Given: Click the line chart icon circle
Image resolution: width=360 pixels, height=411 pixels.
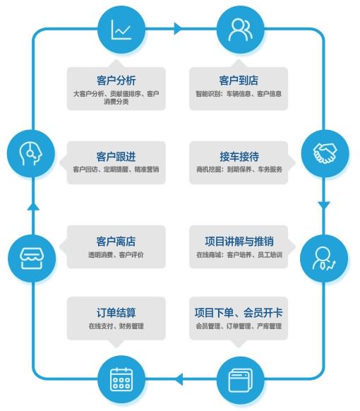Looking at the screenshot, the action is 121,30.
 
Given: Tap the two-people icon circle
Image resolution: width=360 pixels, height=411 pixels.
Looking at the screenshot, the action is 241,30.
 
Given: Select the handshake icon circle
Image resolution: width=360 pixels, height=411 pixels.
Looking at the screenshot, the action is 325,153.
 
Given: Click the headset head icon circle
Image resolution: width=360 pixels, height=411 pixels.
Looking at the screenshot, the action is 31,153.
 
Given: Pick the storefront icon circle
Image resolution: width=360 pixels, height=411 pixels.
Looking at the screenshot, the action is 32,258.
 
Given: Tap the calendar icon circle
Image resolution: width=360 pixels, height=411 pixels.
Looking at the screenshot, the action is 121,379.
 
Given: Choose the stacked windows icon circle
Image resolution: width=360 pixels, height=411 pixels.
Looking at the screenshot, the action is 241,379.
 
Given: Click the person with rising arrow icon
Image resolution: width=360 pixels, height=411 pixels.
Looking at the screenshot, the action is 324,258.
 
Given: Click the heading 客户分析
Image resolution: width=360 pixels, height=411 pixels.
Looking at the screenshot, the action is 116,81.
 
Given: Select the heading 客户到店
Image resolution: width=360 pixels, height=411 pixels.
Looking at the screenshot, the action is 239,81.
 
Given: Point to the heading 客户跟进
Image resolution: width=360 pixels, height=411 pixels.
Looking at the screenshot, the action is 116,157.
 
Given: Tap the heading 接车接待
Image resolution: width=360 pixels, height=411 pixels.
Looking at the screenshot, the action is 239,157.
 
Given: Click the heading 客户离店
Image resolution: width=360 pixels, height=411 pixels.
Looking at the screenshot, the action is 116,241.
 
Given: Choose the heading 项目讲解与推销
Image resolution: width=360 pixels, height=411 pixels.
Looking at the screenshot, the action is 239,241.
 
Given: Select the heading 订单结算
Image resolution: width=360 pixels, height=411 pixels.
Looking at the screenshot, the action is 116,312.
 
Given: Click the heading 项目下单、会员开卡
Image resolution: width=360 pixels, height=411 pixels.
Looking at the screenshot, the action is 239,312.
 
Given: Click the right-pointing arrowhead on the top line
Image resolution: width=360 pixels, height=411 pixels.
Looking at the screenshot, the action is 178,28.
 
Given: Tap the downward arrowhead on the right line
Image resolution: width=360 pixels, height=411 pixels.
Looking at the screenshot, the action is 324,205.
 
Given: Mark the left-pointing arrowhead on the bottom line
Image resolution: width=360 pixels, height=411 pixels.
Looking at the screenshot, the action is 179,379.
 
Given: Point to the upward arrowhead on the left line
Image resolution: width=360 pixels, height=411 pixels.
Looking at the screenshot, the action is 33,206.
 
